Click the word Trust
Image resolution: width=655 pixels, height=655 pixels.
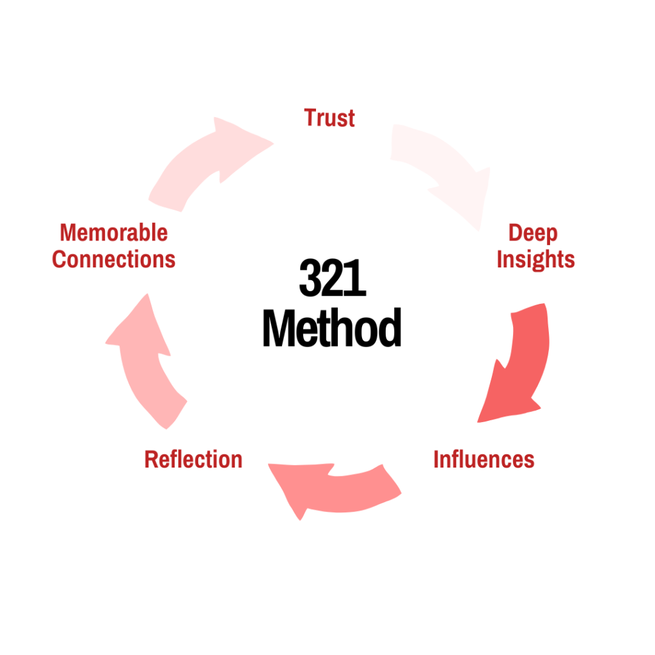coord(329,118)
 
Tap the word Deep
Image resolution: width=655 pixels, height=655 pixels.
coord(533,233)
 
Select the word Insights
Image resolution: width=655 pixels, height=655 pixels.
coord(535,260)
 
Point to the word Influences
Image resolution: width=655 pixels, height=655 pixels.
coord(484,459)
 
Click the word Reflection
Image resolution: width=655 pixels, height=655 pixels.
coord(193,459)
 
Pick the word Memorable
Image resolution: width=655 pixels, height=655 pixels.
coord(114,233)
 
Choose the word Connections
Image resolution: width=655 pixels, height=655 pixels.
coord(114,260)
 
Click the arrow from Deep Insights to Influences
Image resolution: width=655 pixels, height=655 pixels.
coord(515,365)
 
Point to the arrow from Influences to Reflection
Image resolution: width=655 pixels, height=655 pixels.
coord(333,486)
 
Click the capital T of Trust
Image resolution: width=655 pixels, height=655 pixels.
coord(311,118)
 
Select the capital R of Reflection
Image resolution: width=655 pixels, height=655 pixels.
coord(151,459)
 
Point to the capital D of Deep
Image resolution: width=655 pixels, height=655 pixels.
coord(515,233)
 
